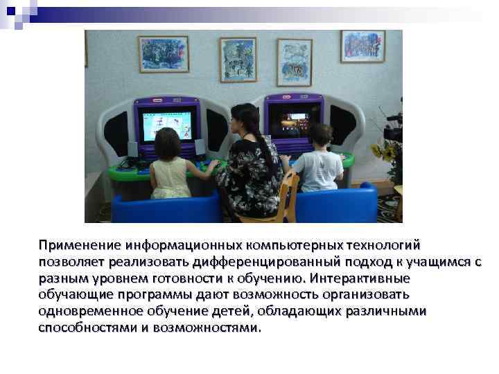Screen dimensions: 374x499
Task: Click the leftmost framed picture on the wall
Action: (x=164, y=54)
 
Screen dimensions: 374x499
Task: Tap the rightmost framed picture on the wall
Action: (x=362, y=46)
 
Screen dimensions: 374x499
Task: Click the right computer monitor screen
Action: (x=295, y=119)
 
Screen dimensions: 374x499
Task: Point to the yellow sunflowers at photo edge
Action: (x=387, y=150)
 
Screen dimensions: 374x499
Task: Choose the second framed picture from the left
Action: (x=238, y=60)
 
